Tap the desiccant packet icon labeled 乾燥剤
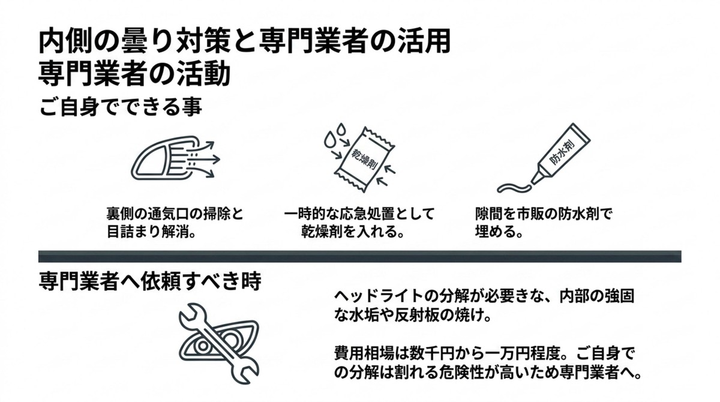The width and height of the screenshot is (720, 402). pyautogui.click(x=361, y=158)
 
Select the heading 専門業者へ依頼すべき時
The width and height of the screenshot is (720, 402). pyautogui.click(x=149, y=282)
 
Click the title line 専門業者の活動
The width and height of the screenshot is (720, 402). pyautogui.click(x=134, y=76)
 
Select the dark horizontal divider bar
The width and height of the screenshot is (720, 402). pyautogui.click(x=360, y=256)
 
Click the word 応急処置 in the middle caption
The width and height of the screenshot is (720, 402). pyautogui.click(x=365, y=215)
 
